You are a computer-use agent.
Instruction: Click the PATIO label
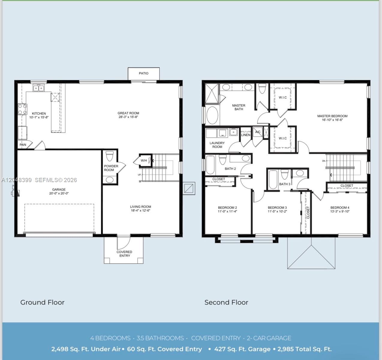[x=144, y=73]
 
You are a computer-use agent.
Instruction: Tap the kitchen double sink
[x=39, y=88]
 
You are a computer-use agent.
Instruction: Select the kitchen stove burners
[x=22, y=109]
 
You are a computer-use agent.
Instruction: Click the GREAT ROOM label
[x=128, y=113]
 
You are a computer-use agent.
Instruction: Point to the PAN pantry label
[x=23, y=145]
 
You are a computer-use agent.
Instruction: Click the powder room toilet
[x=110, y=156]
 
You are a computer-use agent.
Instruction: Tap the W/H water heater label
[x=144, y=160]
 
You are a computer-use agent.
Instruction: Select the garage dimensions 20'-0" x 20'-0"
[x=59, y=193]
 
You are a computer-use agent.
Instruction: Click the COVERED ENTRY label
[x=124, y=254]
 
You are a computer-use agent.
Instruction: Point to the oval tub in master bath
[x=212, y=115]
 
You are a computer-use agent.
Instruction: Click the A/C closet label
[x=258, y=132]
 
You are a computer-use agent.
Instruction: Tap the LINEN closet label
[x=246, y=135]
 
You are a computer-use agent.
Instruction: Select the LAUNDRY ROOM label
[x=217, y=145]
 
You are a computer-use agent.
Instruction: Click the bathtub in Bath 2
[x=210, y=165]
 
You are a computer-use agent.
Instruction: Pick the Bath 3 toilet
[x=285, y=174]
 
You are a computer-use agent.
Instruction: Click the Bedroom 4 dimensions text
[x=340, y=211]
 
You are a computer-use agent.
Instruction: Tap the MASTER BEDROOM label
[x=332, y=116]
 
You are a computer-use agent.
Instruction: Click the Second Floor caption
[x=226, y=302]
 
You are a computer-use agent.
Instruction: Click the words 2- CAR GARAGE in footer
[x=269, y=338]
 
